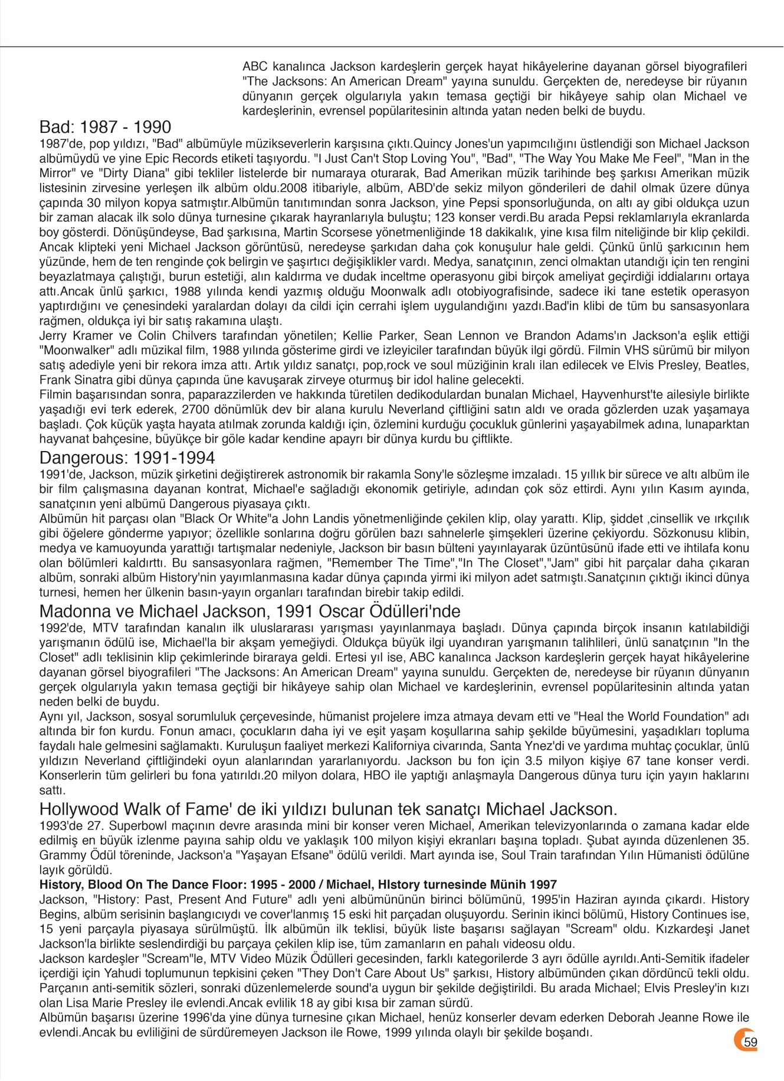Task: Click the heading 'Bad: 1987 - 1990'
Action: point(105,127)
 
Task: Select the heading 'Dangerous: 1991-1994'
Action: point(127,458)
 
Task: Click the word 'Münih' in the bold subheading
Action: point(510,884)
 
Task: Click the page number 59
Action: point(750,1042)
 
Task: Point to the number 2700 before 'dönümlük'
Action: point(194,410)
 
